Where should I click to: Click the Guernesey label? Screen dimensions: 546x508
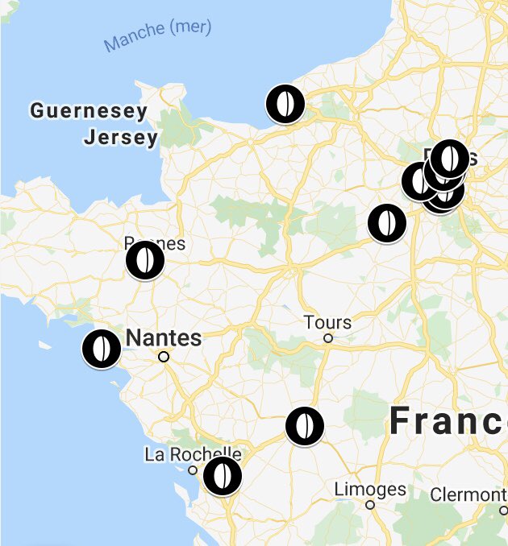89,111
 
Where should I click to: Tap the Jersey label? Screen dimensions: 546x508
121,138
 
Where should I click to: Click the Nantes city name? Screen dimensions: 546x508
164,337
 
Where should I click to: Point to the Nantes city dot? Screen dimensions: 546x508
164,356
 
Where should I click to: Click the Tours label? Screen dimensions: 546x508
327,323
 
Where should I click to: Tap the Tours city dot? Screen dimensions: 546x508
328,338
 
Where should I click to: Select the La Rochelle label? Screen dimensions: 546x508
193,454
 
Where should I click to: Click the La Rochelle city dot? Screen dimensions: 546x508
192,469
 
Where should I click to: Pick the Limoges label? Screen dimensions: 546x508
369,489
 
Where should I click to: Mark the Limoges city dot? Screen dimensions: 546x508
370,505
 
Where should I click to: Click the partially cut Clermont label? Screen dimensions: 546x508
468,494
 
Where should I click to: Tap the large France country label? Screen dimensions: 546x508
448,422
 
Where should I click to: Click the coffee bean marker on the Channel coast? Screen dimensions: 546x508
285,104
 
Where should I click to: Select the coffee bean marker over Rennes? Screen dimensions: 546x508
145,260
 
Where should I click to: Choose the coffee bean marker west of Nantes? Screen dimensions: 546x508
102,349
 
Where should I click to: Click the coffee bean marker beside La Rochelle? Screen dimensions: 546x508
222,476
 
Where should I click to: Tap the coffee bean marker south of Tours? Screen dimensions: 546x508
304,426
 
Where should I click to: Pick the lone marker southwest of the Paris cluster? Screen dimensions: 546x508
387,223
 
